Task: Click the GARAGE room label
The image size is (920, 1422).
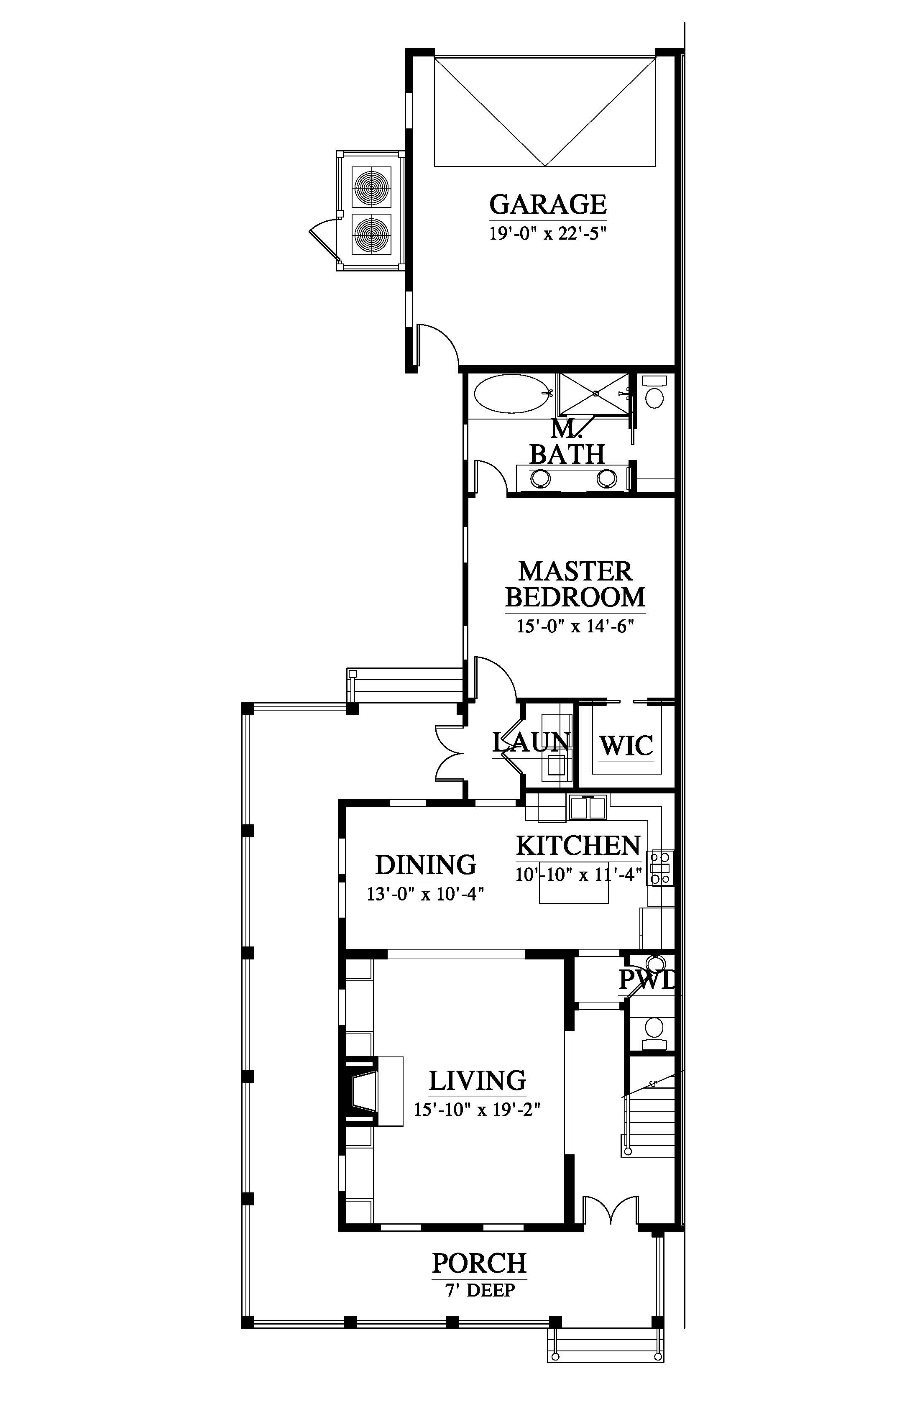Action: pyautogui.click(x=548, y=205)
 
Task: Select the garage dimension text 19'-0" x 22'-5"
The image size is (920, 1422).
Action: pyautogui.click(x=548, y=233)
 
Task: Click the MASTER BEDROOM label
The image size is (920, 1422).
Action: pyautogui.click(x=575, y=584)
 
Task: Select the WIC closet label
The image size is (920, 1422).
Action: pyautogui.click(x=626, y=746)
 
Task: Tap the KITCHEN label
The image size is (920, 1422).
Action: pyautogui.click(x=578, y=846)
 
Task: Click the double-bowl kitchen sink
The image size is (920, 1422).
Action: pyautogui.click(x=588, y=807)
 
